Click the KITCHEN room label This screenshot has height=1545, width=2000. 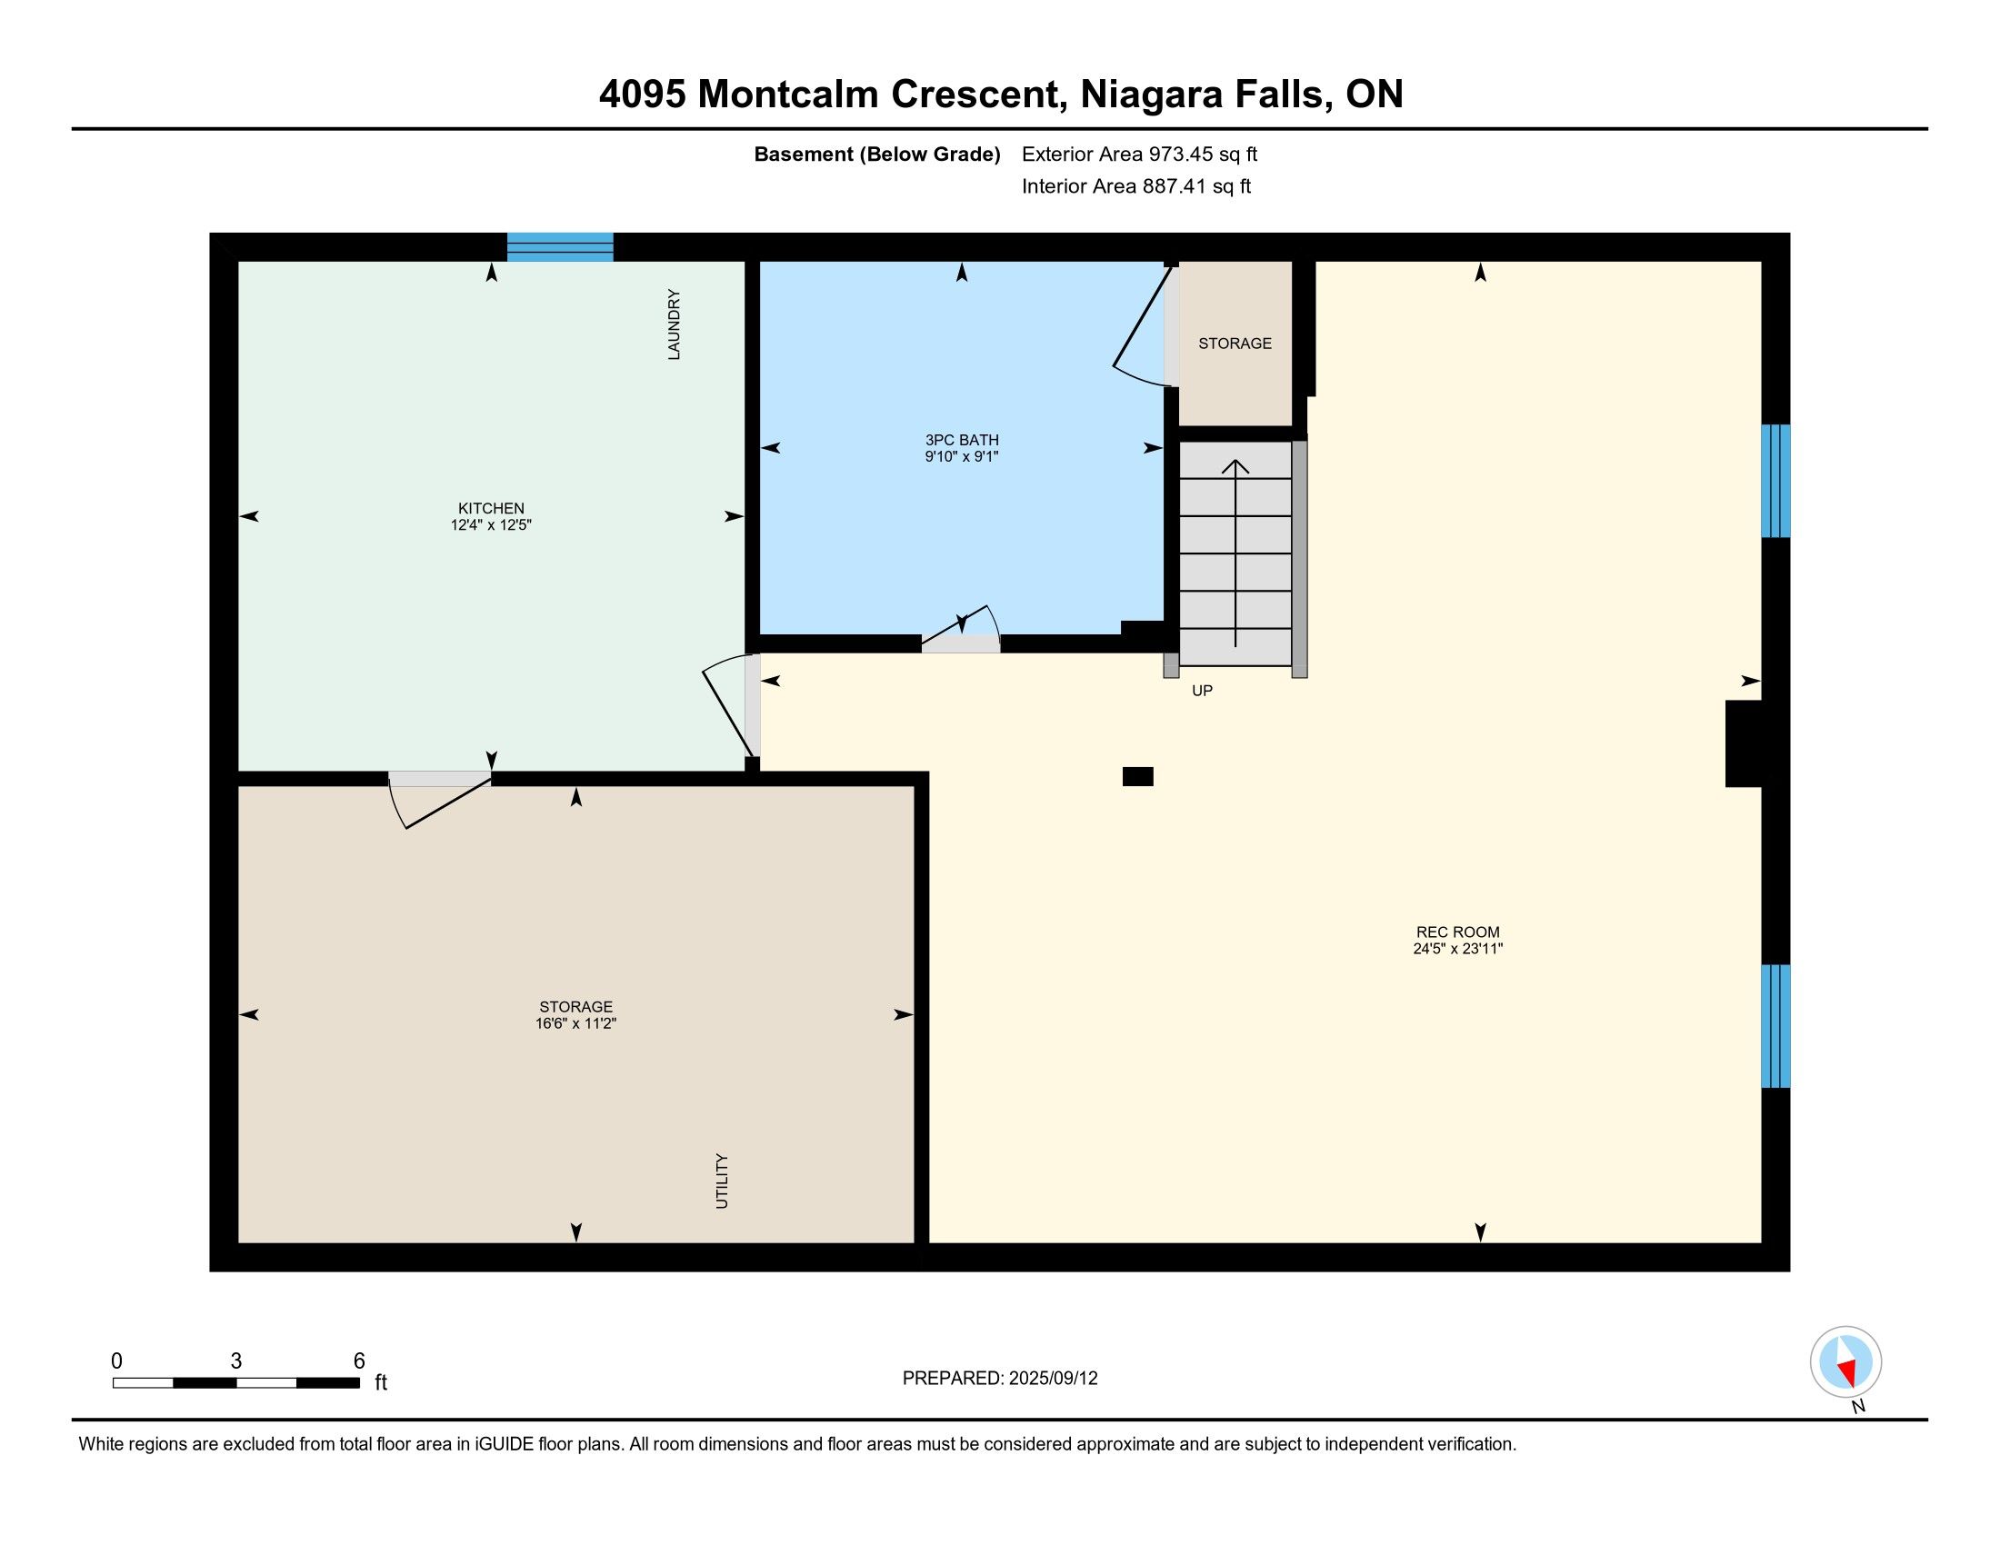(x=491, y=508)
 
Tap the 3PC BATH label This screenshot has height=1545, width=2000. (x=962, y=440)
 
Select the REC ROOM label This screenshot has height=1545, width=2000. (x=1458, y=932)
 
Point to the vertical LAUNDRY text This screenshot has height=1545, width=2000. (x=674, y=324)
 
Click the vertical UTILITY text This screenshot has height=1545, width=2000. (x=722, y=1181)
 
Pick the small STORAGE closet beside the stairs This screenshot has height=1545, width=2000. (x=1235, y=344)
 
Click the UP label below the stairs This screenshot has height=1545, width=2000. (x=1203, y=691)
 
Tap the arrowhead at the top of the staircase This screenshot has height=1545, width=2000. (x=1235, y=466)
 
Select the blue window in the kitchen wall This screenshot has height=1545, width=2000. (x=560, y=247)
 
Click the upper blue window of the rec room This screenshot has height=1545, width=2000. (x=1775, y=481)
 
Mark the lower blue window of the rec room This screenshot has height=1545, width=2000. (x=1775, y=1026)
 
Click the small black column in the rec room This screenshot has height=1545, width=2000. (x=1138, y=776)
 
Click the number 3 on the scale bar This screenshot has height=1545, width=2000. (x=236, y=1361)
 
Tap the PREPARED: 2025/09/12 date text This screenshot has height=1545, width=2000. (x=1000, y=1379)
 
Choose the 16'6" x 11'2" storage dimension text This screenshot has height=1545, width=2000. (x=576, y=1023)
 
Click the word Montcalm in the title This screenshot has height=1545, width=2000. (x=787, y=95)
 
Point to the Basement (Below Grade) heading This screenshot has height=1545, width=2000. (x=877, y=154)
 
